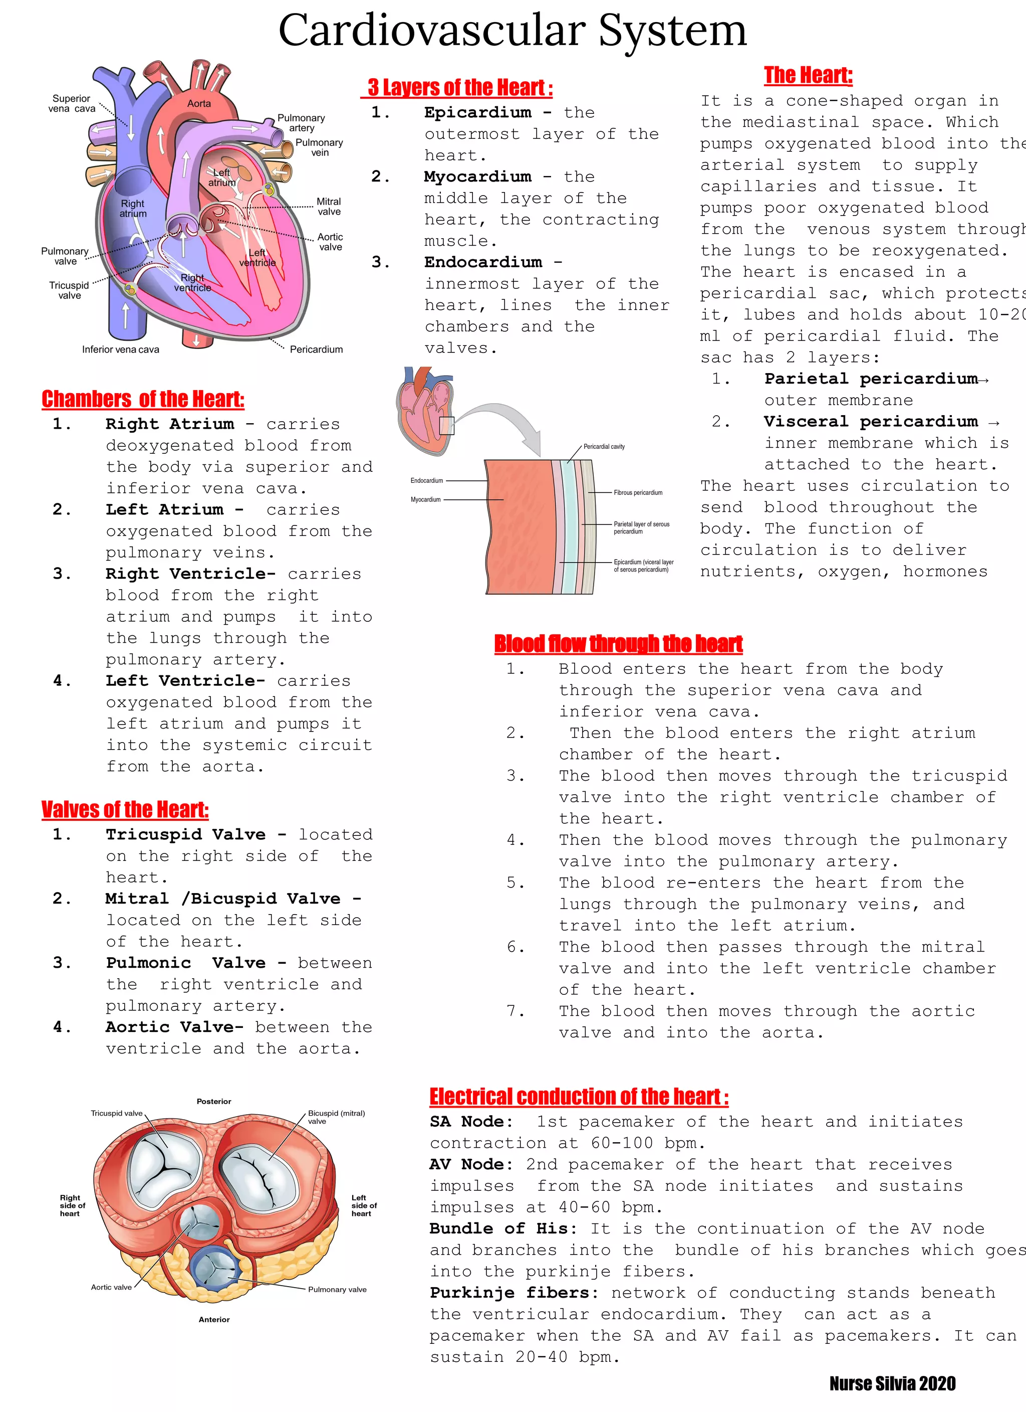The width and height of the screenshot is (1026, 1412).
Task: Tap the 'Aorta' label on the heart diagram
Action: point(199,103)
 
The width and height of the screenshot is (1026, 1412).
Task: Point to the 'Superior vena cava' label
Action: point(72,103)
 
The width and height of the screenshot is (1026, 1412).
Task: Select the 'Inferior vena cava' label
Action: point(121,349)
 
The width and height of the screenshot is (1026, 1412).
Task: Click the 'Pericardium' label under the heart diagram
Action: point(316,349)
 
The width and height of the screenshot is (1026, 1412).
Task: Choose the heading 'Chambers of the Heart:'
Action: point(143,399)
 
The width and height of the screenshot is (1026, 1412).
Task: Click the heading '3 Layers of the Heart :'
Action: point(459,88)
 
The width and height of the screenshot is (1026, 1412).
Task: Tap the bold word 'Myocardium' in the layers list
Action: point(477,177)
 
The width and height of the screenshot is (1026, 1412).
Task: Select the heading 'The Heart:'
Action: point(808,75)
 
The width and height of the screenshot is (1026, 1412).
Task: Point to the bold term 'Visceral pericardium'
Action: point(871,422)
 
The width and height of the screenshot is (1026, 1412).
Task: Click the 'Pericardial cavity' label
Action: point(604,446)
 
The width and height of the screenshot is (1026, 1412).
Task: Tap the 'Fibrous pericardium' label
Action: point(638,492)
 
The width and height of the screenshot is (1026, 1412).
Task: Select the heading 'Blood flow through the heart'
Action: point(618,644)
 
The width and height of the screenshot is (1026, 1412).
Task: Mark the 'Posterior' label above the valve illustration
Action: point(213,1101)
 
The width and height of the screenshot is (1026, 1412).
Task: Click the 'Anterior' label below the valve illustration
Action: point(214,1319)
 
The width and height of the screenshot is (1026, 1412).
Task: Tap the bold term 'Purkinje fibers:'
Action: point(514,1293)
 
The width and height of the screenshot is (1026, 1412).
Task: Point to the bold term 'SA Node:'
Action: point(471,1122)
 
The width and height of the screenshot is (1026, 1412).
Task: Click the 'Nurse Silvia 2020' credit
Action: point(892,1383)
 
